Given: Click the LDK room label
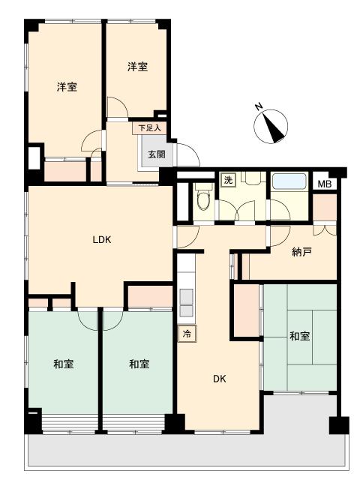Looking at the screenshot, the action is (x=102, y=240).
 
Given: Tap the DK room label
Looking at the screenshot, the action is (x=220, y=379).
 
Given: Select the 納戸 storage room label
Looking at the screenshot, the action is (x=301, y=252).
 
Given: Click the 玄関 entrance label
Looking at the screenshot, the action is (x=157, y=154).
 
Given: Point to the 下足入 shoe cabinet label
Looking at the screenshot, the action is (x=149, y=127).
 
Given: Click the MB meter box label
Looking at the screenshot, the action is (x=325, y=184).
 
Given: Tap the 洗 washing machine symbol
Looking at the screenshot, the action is (x=228, y=180).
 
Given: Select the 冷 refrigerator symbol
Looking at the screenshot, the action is (x=187, y=333).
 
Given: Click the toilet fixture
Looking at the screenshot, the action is (x=203, y=197).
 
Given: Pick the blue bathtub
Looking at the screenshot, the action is (x=289, y=181).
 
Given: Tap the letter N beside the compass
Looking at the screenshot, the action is (x=259, y=106).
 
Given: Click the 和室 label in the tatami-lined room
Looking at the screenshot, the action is (x=299, y=336).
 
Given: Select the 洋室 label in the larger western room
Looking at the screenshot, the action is (x=67, y=87).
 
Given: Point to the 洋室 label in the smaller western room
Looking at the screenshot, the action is (x=137, y=67).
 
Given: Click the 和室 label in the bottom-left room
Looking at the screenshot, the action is (x=63, y=364).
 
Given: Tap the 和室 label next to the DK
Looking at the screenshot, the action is (x=139, y=364).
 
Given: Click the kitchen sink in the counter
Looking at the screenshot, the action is (x=186, y=303).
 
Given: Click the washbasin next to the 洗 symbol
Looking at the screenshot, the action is (x=253, y=178).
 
